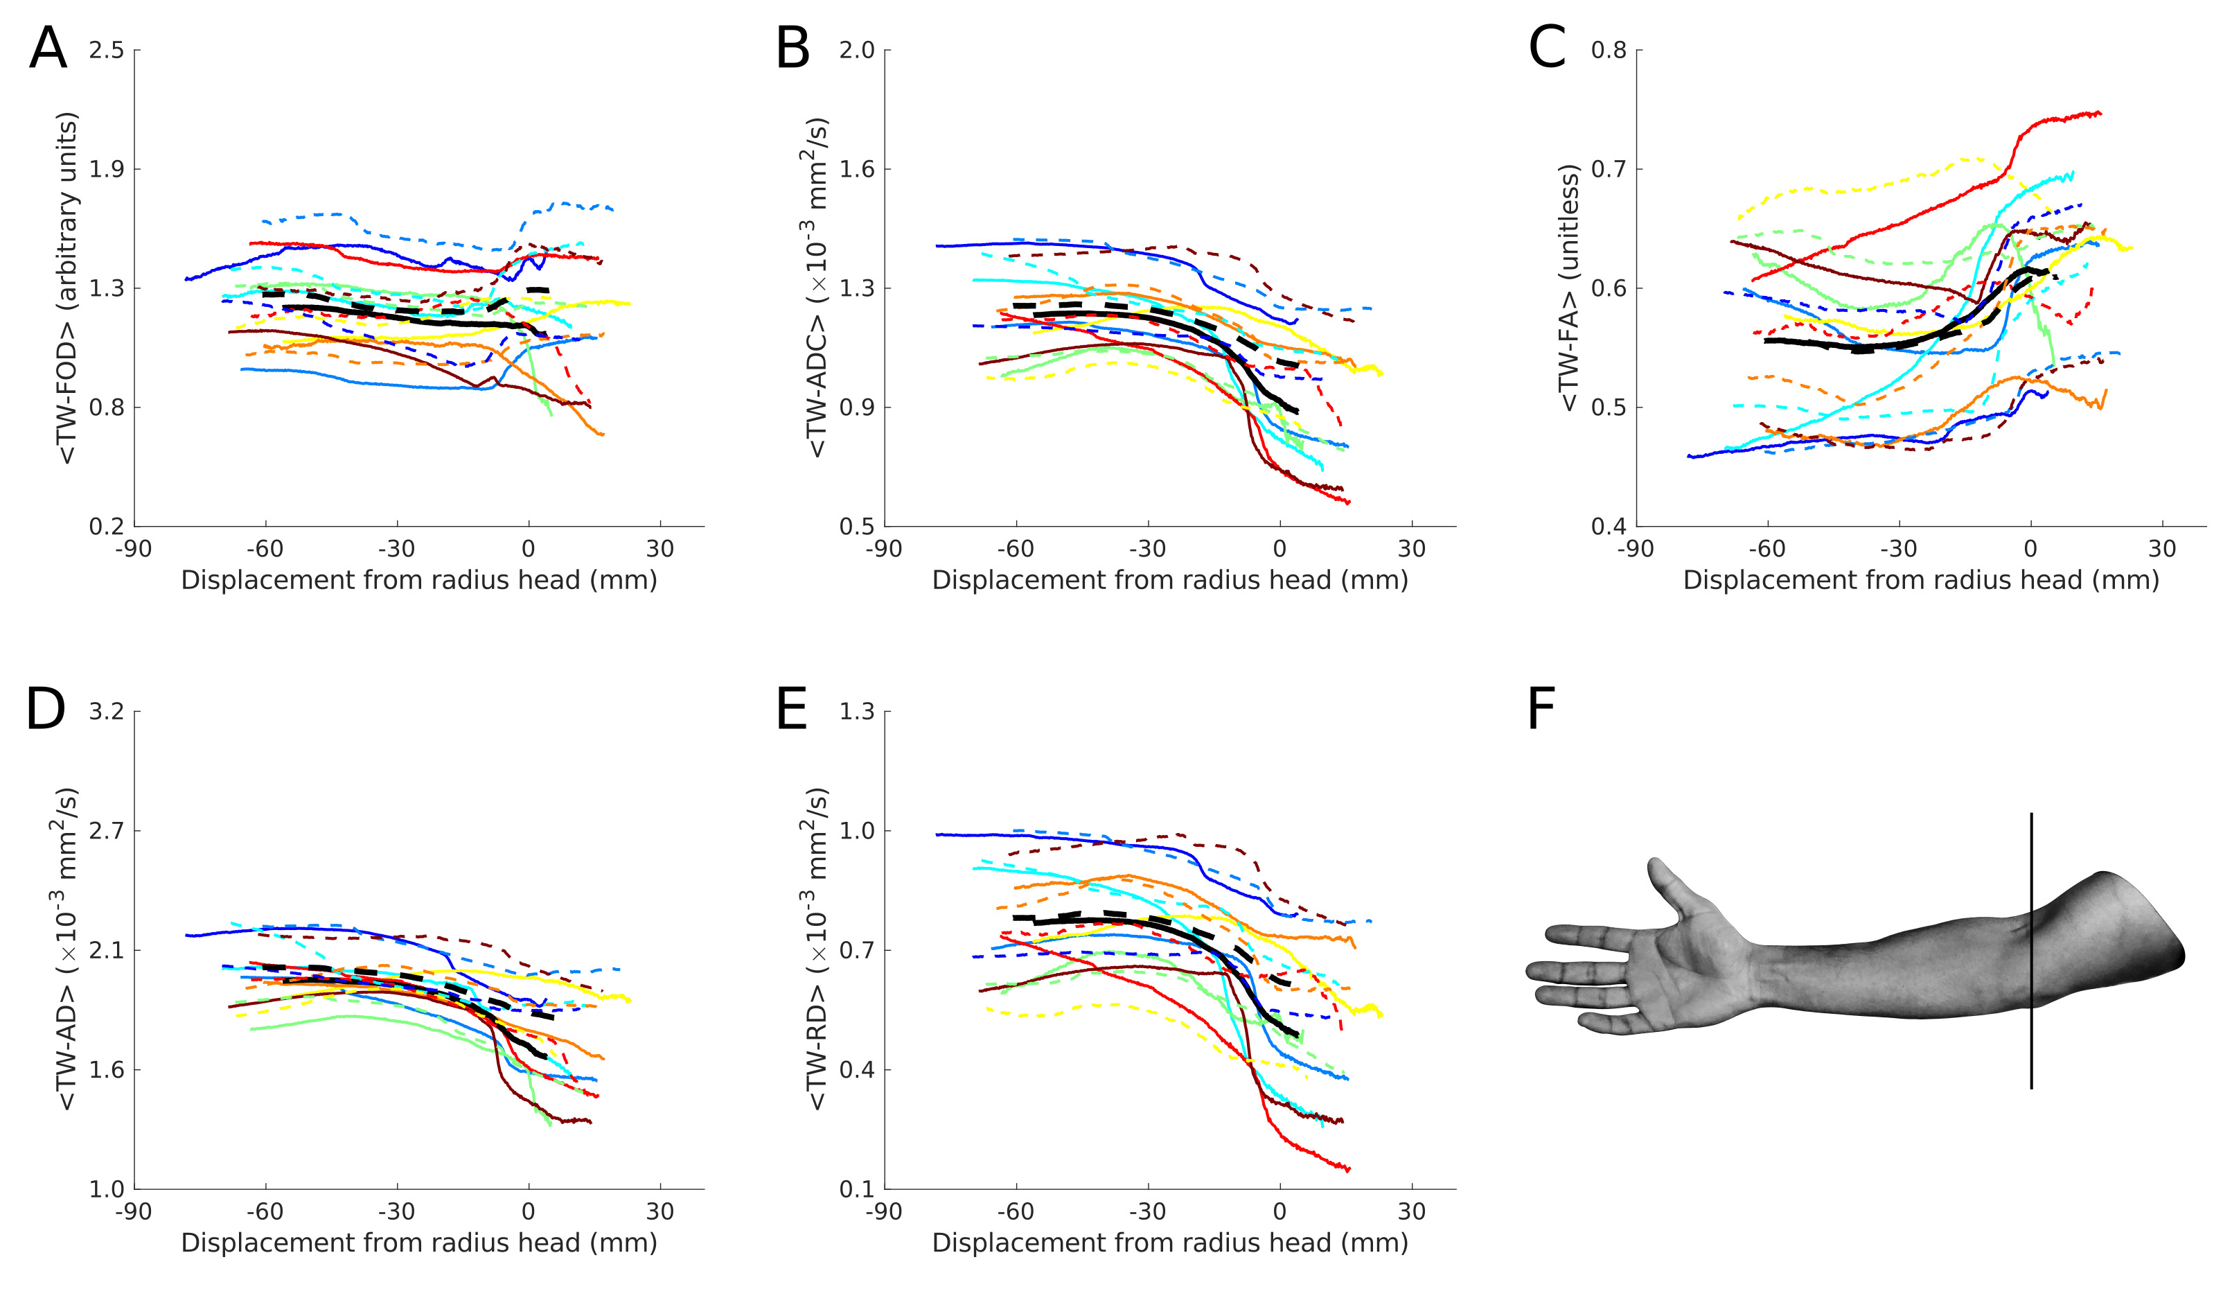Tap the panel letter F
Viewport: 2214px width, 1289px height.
(1542, 710)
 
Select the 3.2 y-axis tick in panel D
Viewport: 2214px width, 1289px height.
(106, 711)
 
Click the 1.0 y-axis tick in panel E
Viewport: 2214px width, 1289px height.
(857, 830)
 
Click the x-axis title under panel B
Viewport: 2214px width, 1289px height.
(1169, 581)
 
